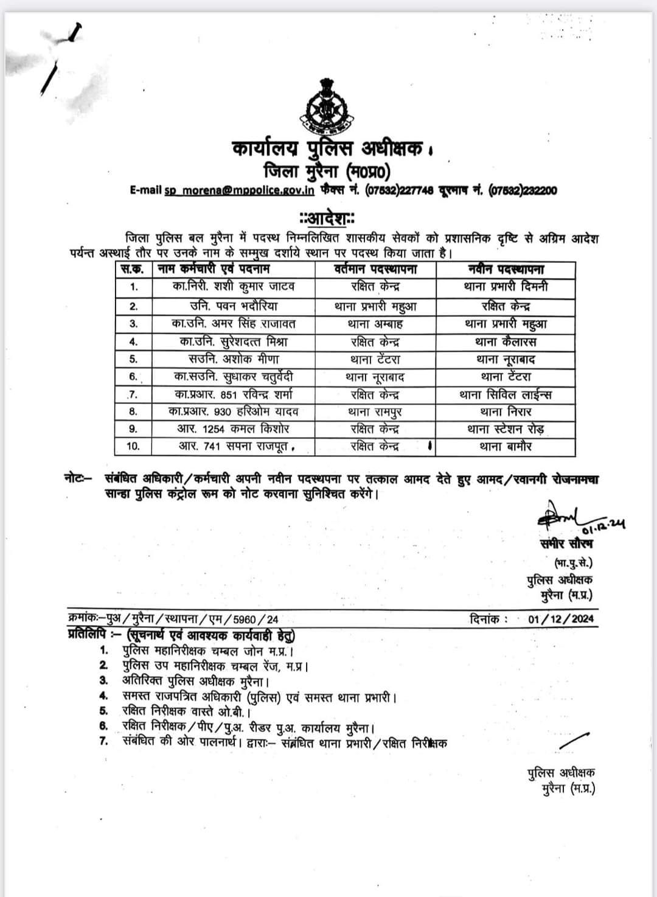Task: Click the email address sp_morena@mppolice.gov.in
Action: tap(239, 190)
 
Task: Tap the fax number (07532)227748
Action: tap(399, 190)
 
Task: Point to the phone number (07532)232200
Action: tap(523, 190)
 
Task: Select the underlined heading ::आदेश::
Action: tap(327, 217)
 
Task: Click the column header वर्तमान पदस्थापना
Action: tap(376, 269)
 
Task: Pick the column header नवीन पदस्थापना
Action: tap(506, 269)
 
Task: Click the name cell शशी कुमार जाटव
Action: tap(234, 287)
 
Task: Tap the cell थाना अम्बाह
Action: tap(376, 324)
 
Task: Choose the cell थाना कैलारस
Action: tap(506, 342)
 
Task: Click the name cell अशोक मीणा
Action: tap(234, 360)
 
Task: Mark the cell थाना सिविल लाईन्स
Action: tap(506, 395)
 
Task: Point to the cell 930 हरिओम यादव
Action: tap(234, 412)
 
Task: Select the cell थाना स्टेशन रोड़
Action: tap(506, 429)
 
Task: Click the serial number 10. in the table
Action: tap(133, 447)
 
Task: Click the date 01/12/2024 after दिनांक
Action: tap(561, 620)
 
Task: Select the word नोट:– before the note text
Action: tap(78, 479)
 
